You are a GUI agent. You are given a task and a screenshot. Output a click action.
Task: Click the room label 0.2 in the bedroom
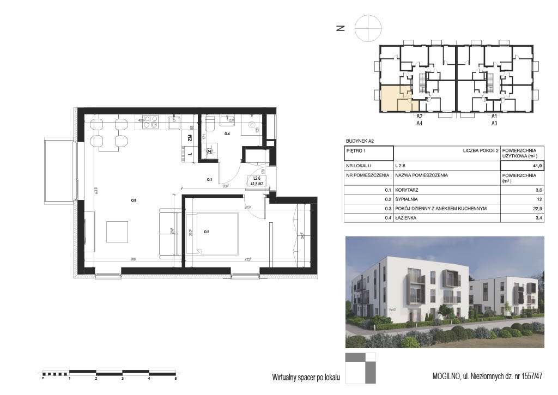point(207,232)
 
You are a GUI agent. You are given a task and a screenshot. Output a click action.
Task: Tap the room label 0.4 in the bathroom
point(227,133)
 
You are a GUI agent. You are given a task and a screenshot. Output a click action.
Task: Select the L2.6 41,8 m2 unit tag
point(256,181)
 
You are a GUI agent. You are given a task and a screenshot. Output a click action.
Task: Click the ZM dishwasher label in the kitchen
point(189,138)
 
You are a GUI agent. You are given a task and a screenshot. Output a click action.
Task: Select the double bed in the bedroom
point(212,233)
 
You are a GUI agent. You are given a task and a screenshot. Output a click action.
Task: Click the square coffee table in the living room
point(118,232)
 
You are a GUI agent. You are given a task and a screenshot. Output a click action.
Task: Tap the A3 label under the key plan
point(495,124)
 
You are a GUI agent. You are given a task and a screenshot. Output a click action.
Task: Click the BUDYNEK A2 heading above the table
point(361,141)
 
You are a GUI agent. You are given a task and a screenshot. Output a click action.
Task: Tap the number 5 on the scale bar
point(175,378)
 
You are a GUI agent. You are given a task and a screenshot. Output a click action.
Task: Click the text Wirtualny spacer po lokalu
point(306,377)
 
